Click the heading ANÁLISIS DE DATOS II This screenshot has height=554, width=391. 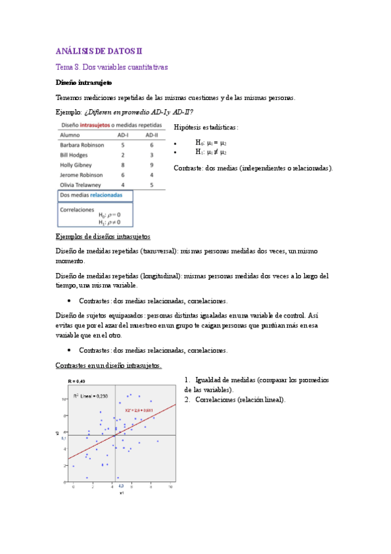click(x=99, y=50)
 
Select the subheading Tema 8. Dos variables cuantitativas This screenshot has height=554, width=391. click(x=112, y=67)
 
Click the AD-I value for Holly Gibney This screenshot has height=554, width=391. click(x=123, y=165)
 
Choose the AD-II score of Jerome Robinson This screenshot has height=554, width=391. click(x=151, y=175)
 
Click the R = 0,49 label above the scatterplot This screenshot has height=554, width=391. click(x=77, y=380)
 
